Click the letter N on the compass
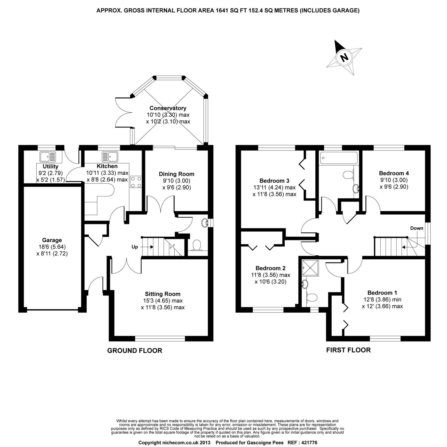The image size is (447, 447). tap(344, 57)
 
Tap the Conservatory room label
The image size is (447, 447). tap(168, 108)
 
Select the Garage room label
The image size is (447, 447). tap(52, 240)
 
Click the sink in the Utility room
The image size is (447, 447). tap(48, 156)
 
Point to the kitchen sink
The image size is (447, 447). tap(110, 156)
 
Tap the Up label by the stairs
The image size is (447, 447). tap(135, 247)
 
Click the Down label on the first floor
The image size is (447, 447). tap(416, 228)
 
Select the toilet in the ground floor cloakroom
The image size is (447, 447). tap(196, 246)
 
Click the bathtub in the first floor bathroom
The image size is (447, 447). tap(338, 158)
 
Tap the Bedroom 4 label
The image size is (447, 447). tap(394, 173)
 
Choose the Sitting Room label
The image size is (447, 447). tap(162, 294)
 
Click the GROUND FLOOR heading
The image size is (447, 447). tap(134, 350)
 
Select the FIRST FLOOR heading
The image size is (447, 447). tap(348, 350)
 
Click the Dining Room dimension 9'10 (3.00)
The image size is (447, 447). tap(176, 181)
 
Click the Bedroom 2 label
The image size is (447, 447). tap(270, 268)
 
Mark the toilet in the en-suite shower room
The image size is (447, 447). tap(312, 297)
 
